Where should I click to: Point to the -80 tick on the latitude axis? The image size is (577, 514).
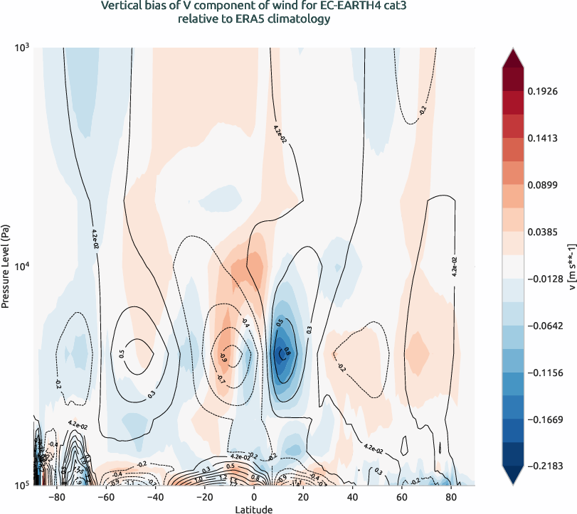(58, 496)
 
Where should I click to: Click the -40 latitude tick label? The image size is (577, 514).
(156, 496)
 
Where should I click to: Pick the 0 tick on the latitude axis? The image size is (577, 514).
(255, 496)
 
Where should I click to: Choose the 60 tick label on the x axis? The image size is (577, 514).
(401, 496)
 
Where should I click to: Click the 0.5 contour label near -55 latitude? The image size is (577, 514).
(122, 353)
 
